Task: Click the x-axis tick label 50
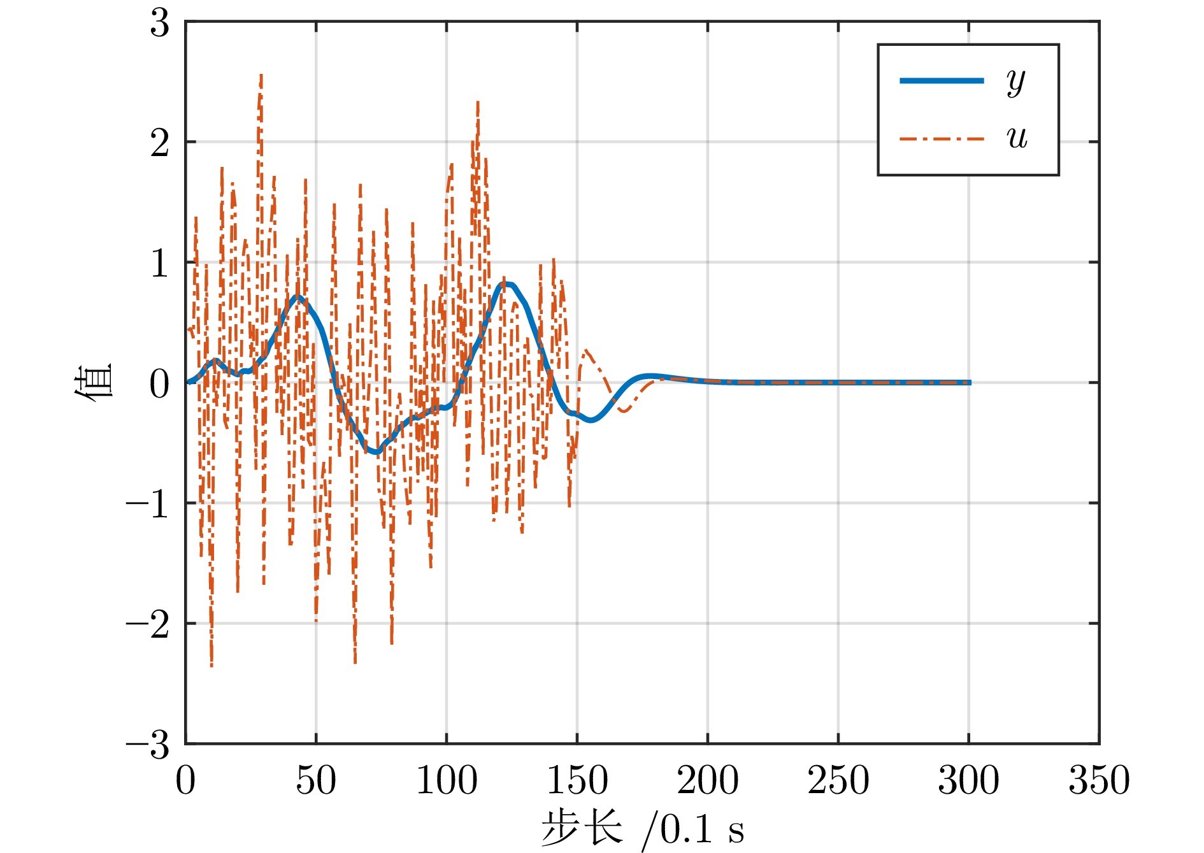point(316,780)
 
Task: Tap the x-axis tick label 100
point(447,780)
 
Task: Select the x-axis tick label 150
point(577,780)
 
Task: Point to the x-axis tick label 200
point(708,780)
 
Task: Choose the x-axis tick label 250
point(838,780)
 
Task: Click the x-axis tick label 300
point(968,780)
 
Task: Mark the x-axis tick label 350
point(1099,780)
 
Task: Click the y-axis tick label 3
point(160,24)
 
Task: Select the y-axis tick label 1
point(160,263)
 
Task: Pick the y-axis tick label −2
point(148,624)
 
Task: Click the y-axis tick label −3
point(148,745)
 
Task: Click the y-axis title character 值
point(94,382)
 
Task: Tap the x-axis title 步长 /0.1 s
point(642,829)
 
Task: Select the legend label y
point(1016,82)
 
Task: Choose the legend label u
point(1017,138)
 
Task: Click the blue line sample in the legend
point(942,81)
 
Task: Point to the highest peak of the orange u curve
point(261,75)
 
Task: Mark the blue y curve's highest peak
point(506,283)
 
